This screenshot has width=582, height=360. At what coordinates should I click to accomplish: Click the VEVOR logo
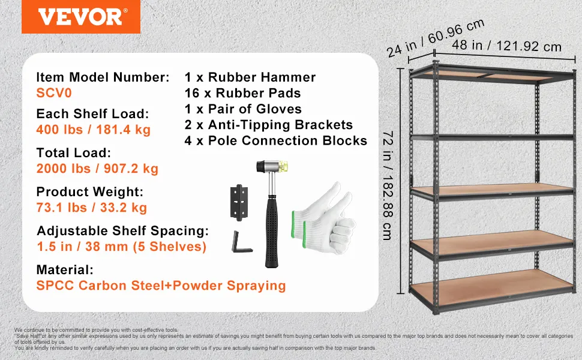(x=81, y=17)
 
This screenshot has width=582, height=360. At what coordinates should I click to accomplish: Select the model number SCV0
(x=54, y=93)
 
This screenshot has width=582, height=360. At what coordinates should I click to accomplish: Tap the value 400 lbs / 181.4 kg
(x=94, y=130)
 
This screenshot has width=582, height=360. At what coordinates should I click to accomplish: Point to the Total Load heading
(x=73, y=152)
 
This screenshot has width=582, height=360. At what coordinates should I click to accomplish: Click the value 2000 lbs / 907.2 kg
(x=97, y=169)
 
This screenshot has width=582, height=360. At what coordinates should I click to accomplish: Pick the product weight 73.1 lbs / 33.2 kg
(x=92, y=208)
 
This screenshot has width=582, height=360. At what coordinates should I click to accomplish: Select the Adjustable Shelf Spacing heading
(x=122, y=231)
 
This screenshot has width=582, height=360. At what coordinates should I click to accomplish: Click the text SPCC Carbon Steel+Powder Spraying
(x=161, y=286)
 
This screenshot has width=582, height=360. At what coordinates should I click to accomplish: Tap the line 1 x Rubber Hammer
(x=250, y=77)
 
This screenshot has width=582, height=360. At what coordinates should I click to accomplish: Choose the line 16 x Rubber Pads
(x=243, y=93)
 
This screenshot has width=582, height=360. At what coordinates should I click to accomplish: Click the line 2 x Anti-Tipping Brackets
(x=269, y=125)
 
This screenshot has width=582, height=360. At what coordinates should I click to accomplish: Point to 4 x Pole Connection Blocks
(x=276, y=140)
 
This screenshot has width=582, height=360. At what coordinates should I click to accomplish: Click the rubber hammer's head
(x=272, y=166)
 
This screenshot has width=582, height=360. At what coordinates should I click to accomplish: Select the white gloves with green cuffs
(x=323, y=219)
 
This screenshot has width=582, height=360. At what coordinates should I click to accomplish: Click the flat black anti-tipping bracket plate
(x=239, y=203)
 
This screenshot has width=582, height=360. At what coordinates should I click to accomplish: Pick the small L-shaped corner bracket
(x=241, y=243)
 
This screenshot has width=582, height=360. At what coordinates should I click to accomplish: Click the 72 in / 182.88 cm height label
(x=388, y=185)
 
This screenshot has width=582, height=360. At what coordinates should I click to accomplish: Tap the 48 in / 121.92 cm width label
(x=506, y=46)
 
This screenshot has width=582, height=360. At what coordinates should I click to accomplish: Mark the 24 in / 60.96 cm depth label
(x=436, y=38)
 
